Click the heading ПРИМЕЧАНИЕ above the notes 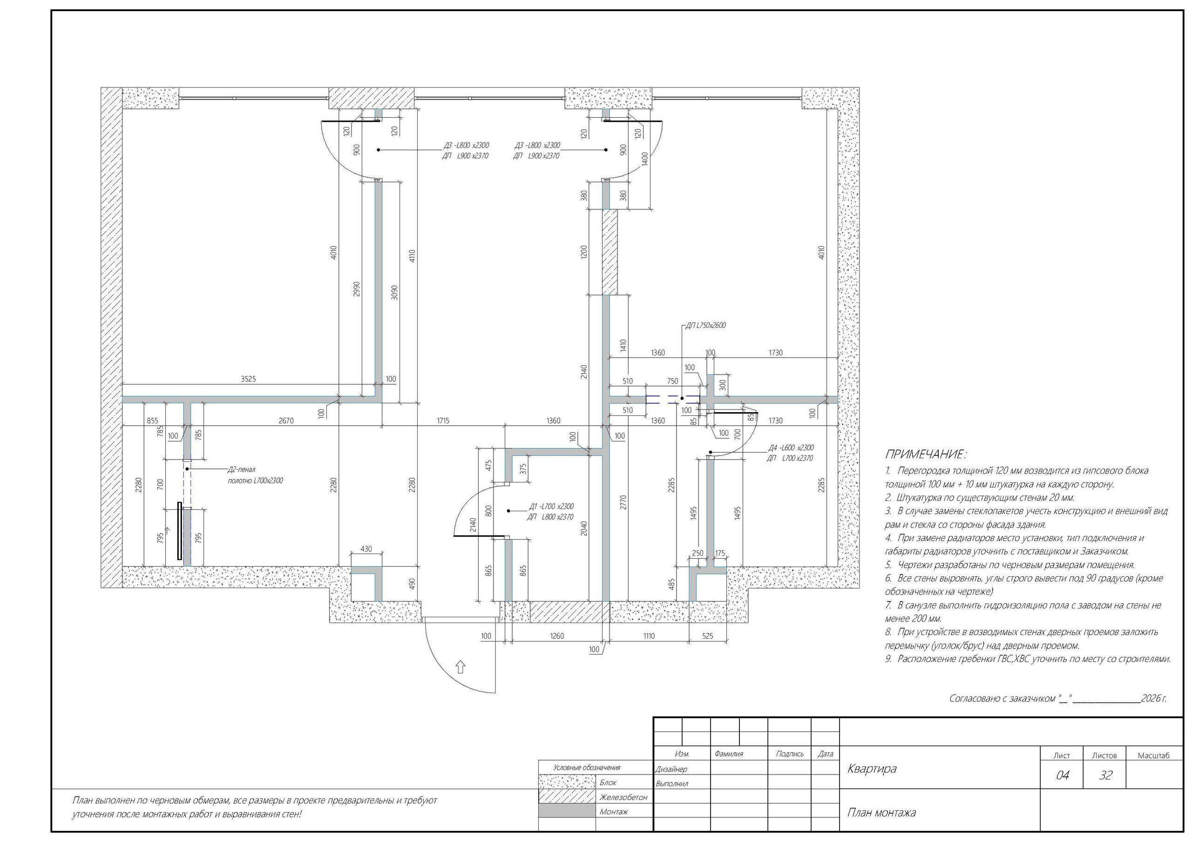[x=925, y=455]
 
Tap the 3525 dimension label [x=248, y=379]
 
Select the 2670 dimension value [x=286, y=421]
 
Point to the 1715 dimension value [x=443, y=421]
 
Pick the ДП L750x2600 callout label [x=705, y=326]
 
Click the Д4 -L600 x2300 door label [x=791, y=448]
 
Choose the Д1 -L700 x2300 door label [x=551, y=506]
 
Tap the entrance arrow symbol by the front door [x=460, y=667]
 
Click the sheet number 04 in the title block [x=1062, y=775]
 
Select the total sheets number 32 [x=1106, y=775]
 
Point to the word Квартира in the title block [x=872, y=769]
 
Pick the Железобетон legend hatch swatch [x=567, y=797]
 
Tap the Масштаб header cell [x=1153, y=756]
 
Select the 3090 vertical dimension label [x=394, y=292]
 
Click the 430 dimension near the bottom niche [x=366, y=549]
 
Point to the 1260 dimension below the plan [x=556, y=636]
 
